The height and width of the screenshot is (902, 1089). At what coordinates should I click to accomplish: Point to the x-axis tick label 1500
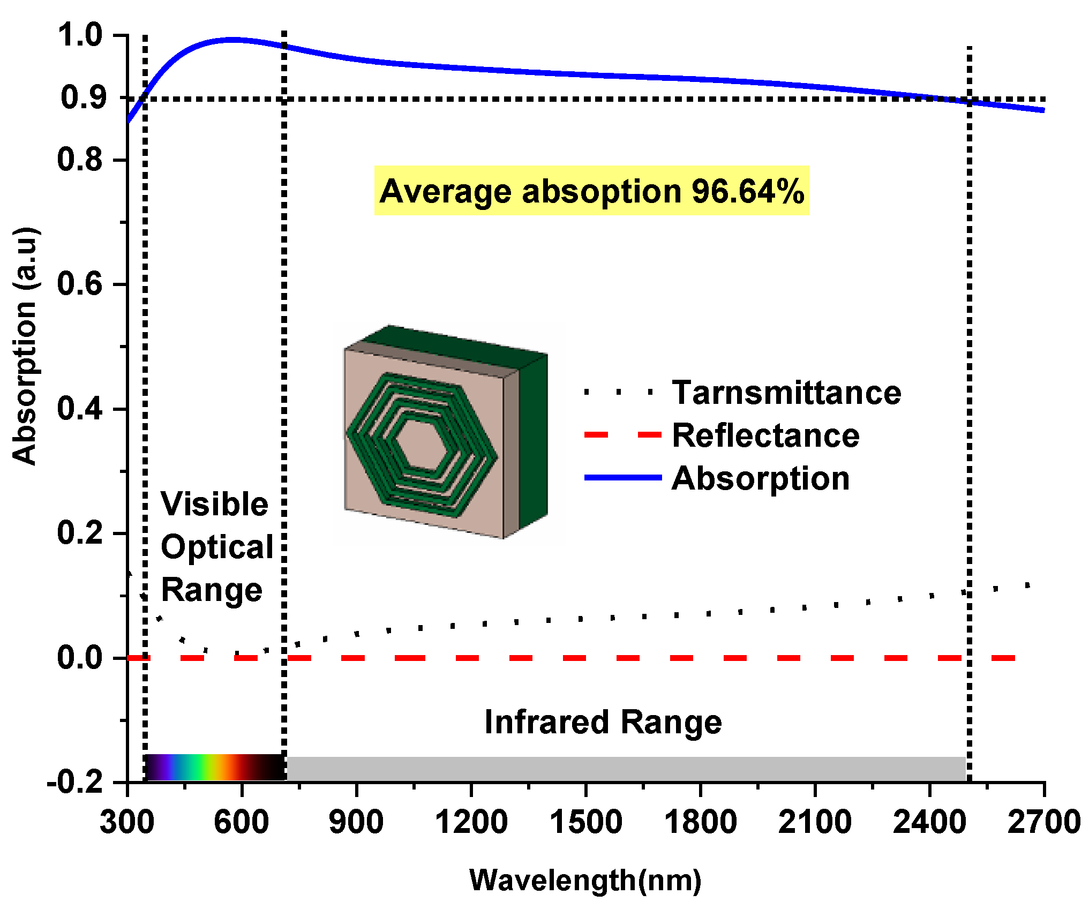(585, 822)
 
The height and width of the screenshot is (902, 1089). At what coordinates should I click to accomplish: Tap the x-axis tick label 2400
(929, 822)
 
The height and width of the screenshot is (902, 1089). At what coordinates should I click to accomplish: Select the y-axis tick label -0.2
(75, 783)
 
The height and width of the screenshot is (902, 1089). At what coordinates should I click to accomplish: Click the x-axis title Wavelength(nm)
(585, 880)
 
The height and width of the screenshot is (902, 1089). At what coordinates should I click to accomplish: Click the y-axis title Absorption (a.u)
(25, 345)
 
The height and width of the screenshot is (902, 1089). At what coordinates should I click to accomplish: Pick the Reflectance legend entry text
(765, 435)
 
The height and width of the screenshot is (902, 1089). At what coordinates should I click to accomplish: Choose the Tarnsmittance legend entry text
(786, 392)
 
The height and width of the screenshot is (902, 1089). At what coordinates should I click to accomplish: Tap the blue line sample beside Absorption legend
(622, 477)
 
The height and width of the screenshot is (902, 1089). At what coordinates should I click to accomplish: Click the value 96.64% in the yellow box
(748, 191)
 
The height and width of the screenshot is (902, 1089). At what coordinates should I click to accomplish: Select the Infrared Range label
(603, 721)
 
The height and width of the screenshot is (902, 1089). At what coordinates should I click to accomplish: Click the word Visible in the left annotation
(214, 504)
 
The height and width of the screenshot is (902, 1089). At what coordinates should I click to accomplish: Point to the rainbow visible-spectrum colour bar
(214, 767)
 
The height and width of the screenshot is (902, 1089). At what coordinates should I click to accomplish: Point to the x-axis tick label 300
(127, 822)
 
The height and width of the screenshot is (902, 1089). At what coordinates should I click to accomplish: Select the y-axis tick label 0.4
(80, 409)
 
